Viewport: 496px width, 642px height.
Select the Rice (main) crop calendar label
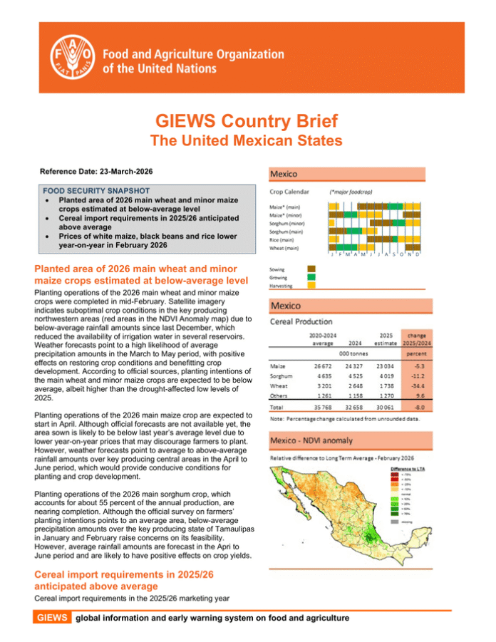click(x=284, y=239)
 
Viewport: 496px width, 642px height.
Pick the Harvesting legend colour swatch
click(x=311, y=286)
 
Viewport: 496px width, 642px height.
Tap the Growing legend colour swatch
click(x=311, y=277)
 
